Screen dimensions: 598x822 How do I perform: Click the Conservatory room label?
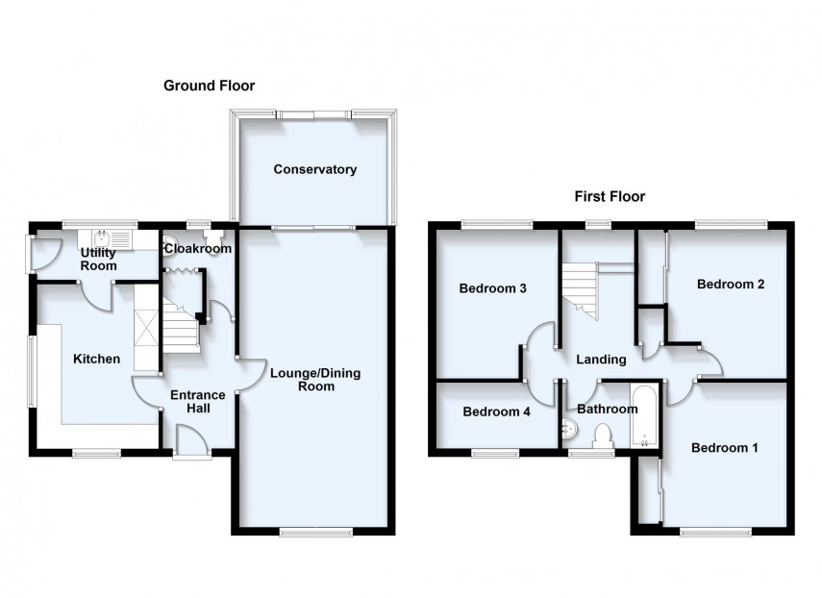pos(314,170)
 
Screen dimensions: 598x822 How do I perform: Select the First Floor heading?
pos(610,196)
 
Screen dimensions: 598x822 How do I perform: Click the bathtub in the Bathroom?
pos(642,415)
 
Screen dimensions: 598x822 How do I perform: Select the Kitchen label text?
pos(97,360)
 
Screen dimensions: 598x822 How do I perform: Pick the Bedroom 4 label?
pos(496,412)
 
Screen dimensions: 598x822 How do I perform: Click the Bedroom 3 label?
pos(491,288)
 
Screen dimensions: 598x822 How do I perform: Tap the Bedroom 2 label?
pos(731,285)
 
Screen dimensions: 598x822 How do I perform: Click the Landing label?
pos(601,360)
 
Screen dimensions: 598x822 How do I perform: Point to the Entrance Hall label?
pos(197,401)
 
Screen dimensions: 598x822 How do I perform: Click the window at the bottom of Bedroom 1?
pos(716,532)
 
